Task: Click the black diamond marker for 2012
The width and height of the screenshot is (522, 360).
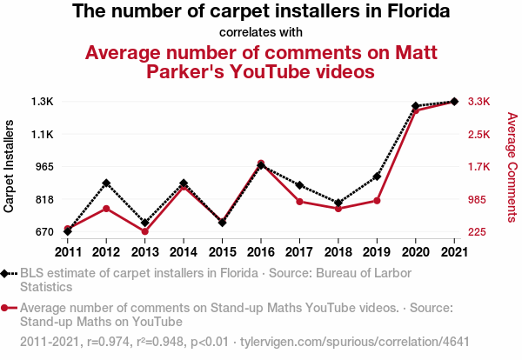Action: click(x=106, y=183)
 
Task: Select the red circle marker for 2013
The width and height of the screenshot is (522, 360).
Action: click(x=144, y=231)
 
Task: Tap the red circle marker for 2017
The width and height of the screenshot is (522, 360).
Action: click(x=299, y=202)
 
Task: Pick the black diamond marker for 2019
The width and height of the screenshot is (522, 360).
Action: click(x=377, y=177)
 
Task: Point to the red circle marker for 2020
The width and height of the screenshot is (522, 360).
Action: click(x=416, y=110)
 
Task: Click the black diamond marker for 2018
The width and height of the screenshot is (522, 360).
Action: click(x=338, y=203)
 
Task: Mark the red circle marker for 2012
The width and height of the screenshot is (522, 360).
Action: click(x=106, y=209)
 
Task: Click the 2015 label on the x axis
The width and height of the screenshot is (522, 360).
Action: click(x=222, y=252)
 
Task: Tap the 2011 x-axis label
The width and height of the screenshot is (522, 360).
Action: click(x=67, y=252)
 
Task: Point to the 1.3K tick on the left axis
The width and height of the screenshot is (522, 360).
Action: click(x=43, y=102)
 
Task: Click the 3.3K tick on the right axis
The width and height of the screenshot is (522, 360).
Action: click(x=480, y=102)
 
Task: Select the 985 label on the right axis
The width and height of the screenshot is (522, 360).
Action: click(x=478, y=200)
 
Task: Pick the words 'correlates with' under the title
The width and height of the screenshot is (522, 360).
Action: click(x=261, y=33)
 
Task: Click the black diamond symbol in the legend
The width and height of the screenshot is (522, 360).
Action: click(x=6, y=273)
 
